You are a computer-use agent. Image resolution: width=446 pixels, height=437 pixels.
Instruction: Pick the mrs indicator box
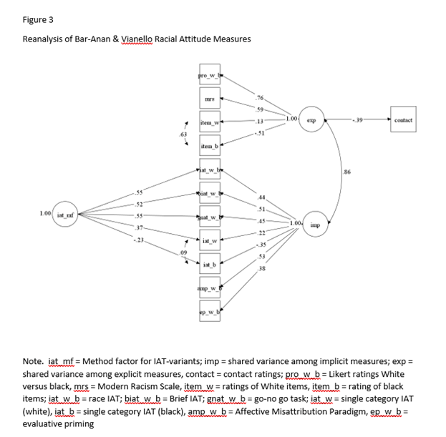pyautogui.click(x=210, y=99)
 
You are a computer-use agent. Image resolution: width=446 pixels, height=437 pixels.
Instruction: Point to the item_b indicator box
pyautogui.click(x=210, y=147)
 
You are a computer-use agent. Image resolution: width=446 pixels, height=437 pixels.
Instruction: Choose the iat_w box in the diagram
pyautogui.click(x=210, y=242)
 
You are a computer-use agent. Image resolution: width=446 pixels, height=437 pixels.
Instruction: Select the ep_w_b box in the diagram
pyautogui.click(x=210, y=313)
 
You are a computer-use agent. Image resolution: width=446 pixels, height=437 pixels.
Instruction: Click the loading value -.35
pyautogui.click(x=261, y=245)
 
